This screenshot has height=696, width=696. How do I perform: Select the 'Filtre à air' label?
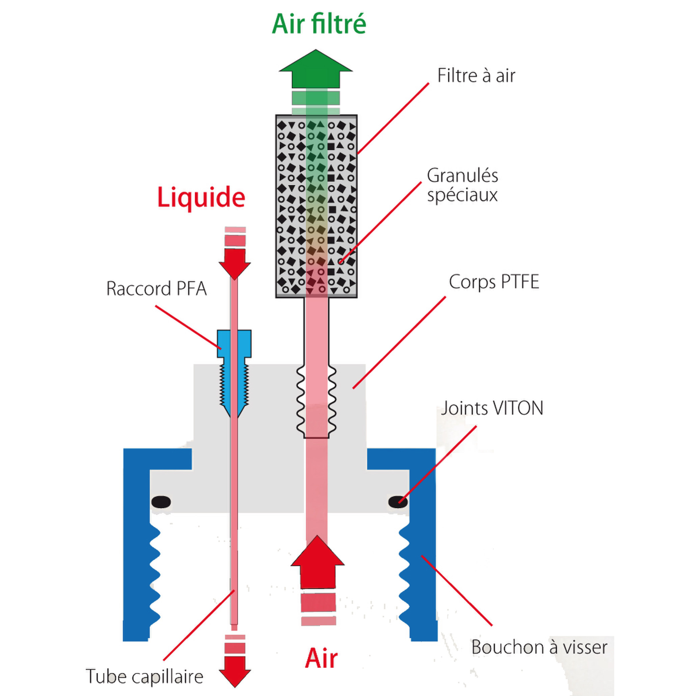click(476, 76)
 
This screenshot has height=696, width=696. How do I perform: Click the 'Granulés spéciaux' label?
click(462, 185)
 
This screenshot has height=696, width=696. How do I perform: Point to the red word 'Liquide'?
click(201, 197)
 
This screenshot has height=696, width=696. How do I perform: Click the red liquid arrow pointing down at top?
click(235, 262)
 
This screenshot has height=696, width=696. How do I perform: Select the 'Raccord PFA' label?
click(156, 289)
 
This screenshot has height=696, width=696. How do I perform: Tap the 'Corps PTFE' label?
click(494, 282)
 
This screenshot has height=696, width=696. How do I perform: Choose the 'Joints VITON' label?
click(492, 408)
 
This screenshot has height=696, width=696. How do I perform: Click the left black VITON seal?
click(161, 502)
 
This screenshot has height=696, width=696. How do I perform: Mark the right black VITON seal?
click(398, 502)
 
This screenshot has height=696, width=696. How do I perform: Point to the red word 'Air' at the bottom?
click(321, 659)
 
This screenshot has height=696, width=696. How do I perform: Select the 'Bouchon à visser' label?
click(539, 647)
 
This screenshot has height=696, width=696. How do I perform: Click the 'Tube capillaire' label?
click(144, 676)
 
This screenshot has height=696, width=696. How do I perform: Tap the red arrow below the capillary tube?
click(235, 672)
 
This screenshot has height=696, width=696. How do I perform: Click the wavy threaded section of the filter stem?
click(316, 400)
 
